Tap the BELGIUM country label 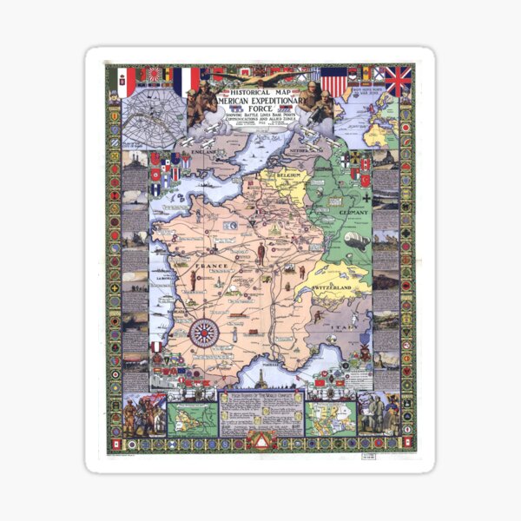pyautogui.click(x=293, y=177)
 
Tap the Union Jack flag pyautogui.click(x=399, y=81)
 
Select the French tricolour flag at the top pyautogui.click(x=185, y=81)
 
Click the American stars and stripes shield pyautogui.click(x=334, y=83)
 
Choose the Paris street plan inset pyautogui.click(x=154, y=122)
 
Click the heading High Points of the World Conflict pyautogui.click(x=260, y=396)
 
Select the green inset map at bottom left pyautogui.click(x=190, y=418)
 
